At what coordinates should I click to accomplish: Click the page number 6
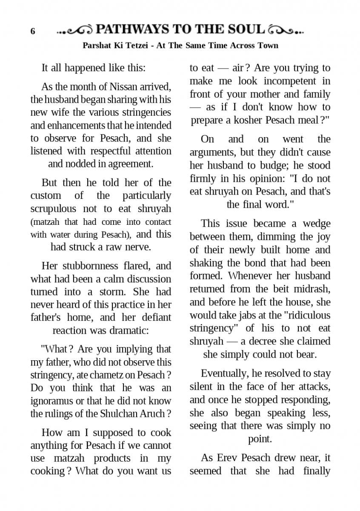[x=33, y=32]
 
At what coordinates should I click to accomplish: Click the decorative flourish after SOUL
[x=286, y=30]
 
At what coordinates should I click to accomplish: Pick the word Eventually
[x=224, y=373]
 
